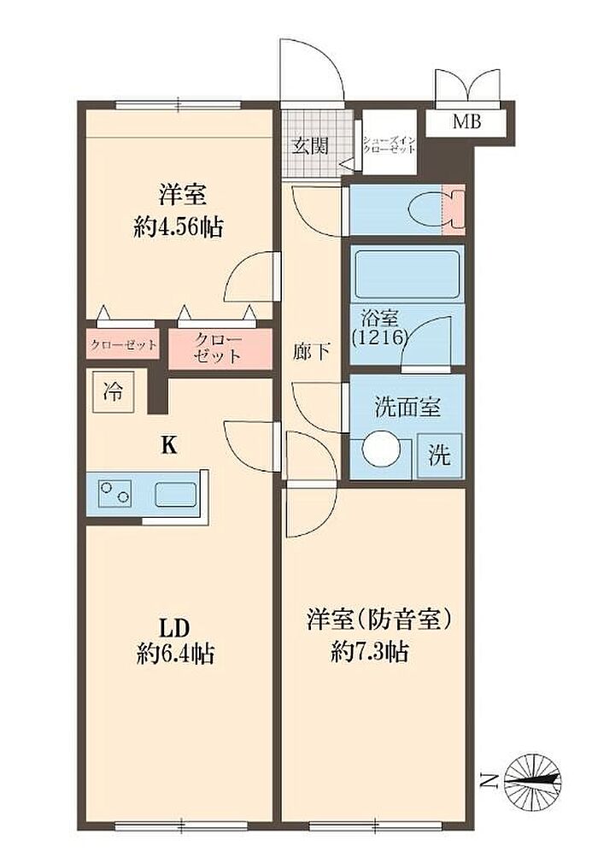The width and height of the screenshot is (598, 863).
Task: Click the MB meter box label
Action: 466,121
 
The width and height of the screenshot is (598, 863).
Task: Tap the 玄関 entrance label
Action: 310,145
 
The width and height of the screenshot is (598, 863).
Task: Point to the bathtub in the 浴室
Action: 407,274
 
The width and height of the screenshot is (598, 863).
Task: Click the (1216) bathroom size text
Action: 380,336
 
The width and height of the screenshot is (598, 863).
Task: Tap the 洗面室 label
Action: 407,407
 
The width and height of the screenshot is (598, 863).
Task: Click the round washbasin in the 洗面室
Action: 380,449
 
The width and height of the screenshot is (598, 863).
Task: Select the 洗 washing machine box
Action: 440,455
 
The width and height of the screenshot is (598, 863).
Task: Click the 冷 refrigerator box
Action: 113,392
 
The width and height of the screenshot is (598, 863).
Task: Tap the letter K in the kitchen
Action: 169,444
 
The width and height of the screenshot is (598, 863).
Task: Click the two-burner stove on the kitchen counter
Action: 114,493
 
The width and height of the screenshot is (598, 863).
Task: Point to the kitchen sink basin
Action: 176,494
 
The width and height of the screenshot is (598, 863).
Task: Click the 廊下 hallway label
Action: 312,351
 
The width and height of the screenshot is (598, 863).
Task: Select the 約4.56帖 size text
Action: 179,226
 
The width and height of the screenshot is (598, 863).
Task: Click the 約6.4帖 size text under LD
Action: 175,654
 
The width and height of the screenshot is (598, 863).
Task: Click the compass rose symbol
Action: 532,779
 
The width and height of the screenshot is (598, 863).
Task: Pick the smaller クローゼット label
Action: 124,345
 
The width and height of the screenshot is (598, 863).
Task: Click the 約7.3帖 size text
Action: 369,652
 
